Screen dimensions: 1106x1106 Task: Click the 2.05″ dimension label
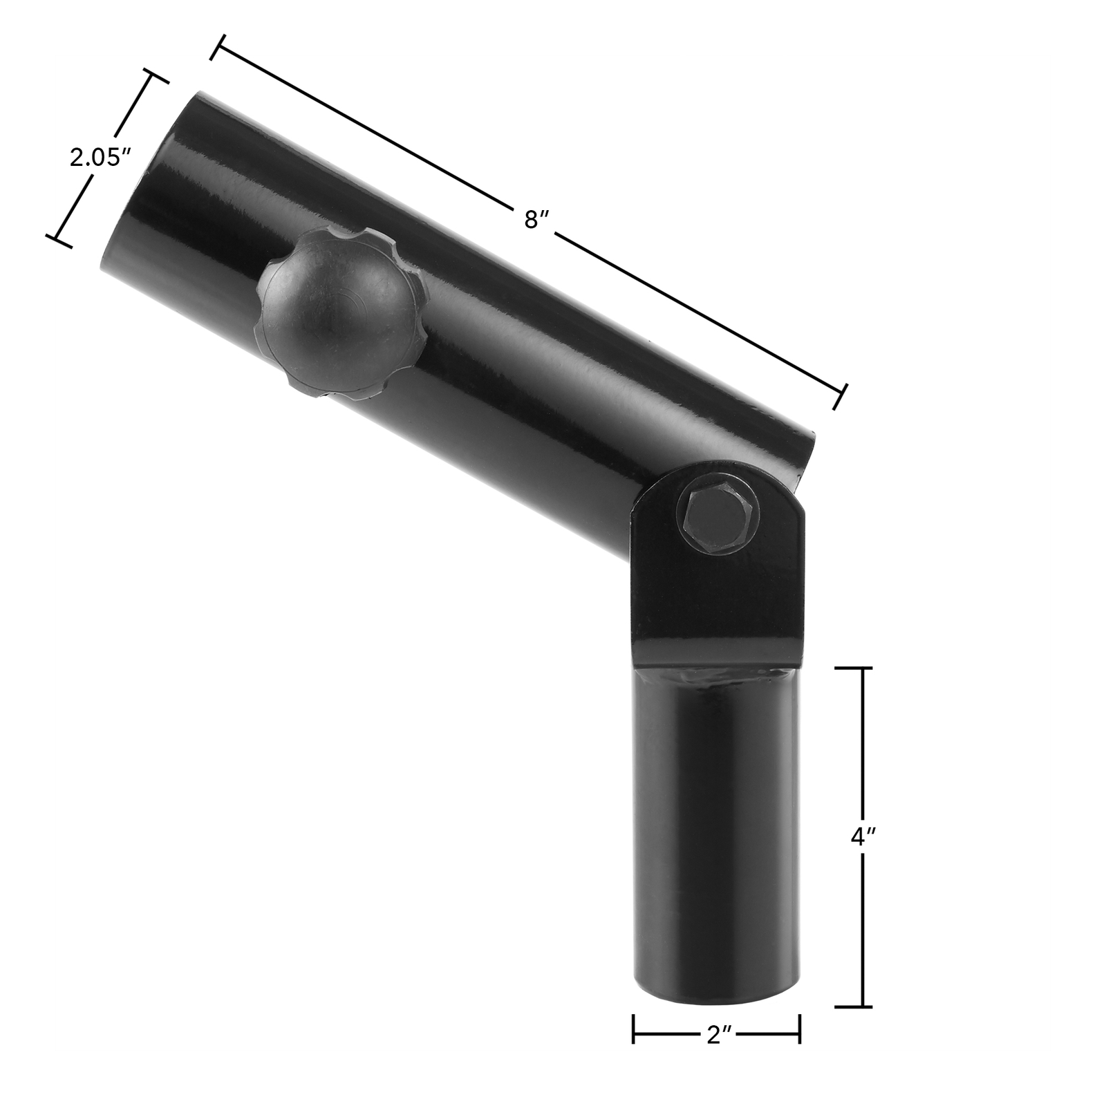(100, 158)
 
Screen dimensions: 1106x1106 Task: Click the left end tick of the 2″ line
(634, 1037)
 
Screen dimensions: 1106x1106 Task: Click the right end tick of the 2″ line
(800, 1037)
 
